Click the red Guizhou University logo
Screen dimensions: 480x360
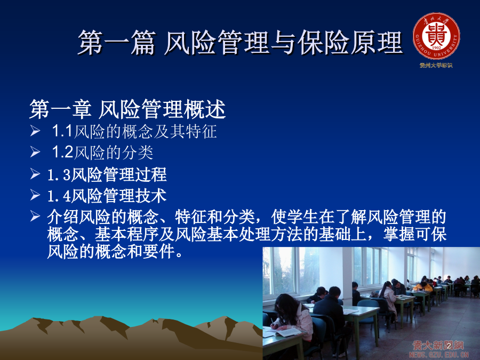(436, 36)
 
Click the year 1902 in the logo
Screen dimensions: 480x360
(436, 48)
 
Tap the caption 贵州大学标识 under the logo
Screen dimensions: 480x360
(436, 65)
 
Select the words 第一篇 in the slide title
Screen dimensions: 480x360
(117, 43)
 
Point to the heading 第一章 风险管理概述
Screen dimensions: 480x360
(127, 109)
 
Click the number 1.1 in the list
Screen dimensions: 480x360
(62, 131)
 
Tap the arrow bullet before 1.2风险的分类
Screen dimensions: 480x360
(35, 152)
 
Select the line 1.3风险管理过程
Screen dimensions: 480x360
(107, 174)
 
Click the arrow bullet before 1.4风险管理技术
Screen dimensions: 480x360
(35, 195)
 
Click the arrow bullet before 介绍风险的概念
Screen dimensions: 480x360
(35, 216)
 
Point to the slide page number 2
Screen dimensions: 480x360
(449, 346)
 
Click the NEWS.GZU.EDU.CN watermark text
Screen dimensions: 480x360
(439, 355)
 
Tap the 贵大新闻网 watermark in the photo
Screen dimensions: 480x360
(438, 345)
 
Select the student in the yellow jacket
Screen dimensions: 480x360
(423, 286)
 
